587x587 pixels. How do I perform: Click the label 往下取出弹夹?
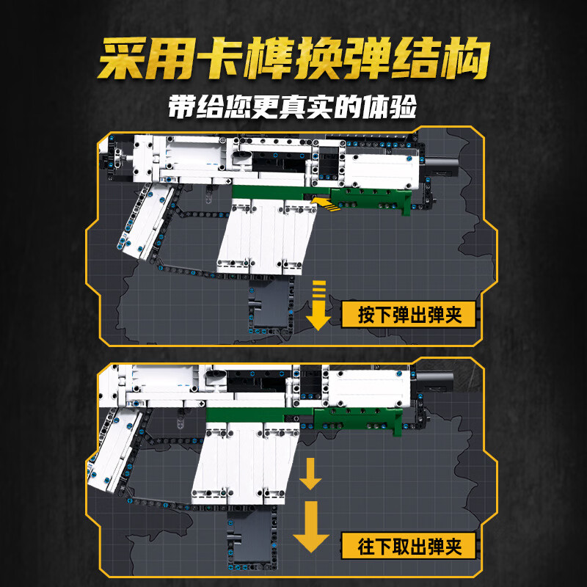coord(412,545)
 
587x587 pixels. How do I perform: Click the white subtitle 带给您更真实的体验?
coord(293,105)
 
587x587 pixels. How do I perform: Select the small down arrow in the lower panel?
coord(310,473)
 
